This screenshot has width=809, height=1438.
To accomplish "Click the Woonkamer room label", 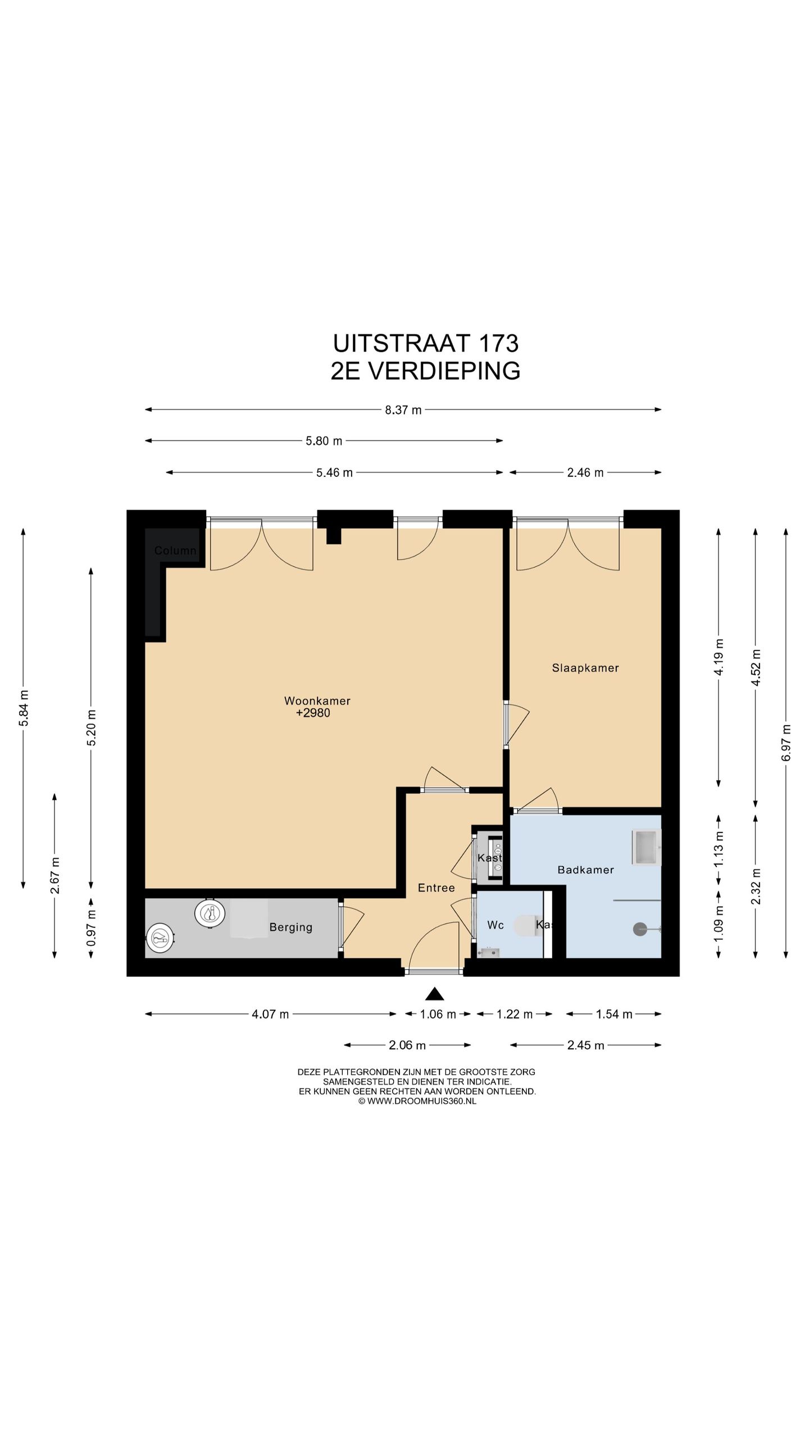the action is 317,700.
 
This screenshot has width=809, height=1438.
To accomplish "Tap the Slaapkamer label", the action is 585,668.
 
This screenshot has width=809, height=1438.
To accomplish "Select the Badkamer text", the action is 585,870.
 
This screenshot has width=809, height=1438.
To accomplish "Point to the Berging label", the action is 290,927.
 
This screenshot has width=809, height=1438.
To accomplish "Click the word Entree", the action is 437,888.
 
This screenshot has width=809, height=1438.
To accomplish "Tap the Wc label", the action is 496,925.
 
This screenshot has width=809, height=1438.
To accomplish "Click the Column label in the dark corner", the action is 175,550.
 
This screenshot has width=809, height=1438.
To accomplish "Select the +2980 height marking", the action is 313,713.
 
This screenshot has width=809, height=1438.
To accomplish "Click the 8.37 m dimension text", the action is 403,410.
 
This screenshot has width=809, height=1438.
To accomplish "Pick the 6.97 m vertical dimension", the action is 786,743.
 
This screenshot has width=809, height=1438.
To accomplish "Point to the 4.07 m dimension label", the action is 270,1014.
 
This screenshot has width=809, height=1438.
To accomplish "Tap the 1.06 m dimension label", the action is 438,1014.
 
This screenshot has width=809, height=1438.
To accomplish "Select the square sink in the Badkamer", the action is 646,847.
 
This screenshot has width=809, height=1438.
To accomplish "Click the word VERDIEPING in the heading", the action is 444,371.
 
